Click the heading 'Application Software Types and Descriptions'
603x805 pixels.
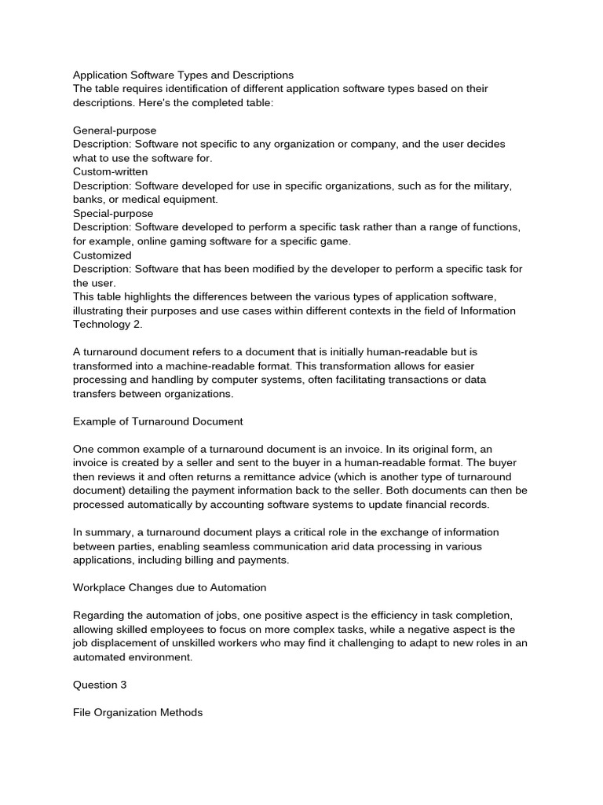point(183,75)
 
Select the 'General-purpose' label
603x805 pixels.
point(115,130)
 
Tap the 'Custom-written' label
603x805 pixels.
point(110,171)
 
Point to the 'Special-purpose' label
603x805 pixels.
point(113,213)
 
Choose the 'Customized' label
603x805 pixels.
point(102,255)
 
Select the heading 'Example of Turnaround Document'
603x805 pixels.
point(158,421)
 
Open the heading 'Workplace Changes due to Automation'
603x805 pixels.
point(170,587)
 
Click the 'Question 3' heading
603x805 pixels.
point(100,685)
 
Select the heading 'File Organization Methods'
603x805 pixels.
point(137,712)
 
